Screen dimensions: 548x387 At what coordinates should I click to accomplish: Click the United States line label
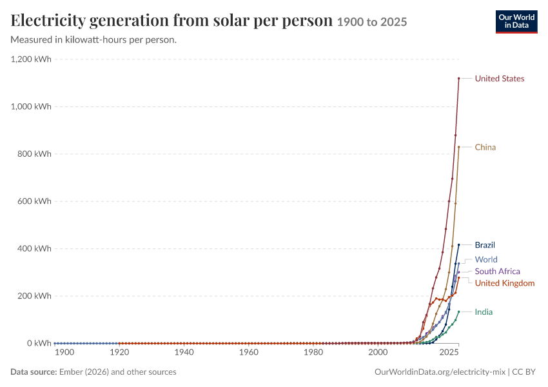click(500, 79)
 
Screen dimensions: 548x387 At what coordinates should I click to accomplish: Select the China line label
click(485, 147)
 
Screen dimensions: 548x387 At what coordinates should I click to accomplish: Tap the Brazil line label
click(485, 245)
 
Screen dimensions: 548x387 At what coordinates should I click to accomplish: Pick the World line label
click(486, 260)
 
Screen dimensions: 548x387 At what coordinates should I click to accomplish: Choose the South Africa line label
click(497, 272)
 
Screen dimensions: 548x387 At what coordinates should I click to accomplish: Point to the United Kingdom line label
click(505, 283)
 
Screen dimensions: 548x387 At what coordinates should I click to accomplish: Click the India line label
click(484, 312)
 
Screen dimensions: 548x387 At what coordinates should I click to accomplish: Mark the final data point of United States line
click(459, 78)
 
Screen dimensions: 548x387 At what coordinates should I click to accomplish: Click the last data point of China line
click(459, 147)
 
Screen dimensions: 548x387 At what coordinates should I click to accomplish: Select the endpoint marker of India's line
click(459, 312)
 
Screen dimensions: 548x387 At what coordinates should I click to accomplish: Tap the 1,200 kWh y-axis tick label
click(31, 59)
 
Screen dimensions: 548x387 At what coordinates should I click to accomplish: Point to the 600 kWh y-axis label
click(34, 201)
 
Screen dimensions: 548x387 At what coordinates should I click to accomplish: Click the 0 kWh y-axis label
click(39, 343)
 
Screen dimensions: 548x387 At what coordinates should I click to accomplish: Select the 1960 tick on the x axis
click(248, 352)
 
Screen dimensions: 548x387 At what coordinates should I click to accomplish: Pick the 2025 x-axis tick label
click(449, 352)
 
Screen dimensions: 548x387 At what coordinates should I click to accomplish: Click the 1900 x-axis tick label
click(64, 352)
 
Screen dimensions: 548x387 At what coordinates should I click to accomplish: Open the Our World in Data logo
click(516, 22)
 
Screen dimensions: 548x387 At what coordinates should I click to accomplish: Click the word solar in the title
click(231, 20)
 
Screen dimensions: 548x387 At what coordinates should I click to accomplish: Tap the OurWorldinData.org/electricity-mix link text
click(440, 372)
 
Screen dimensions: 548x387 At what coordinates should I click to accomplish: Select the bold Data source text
click(34, 372)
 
